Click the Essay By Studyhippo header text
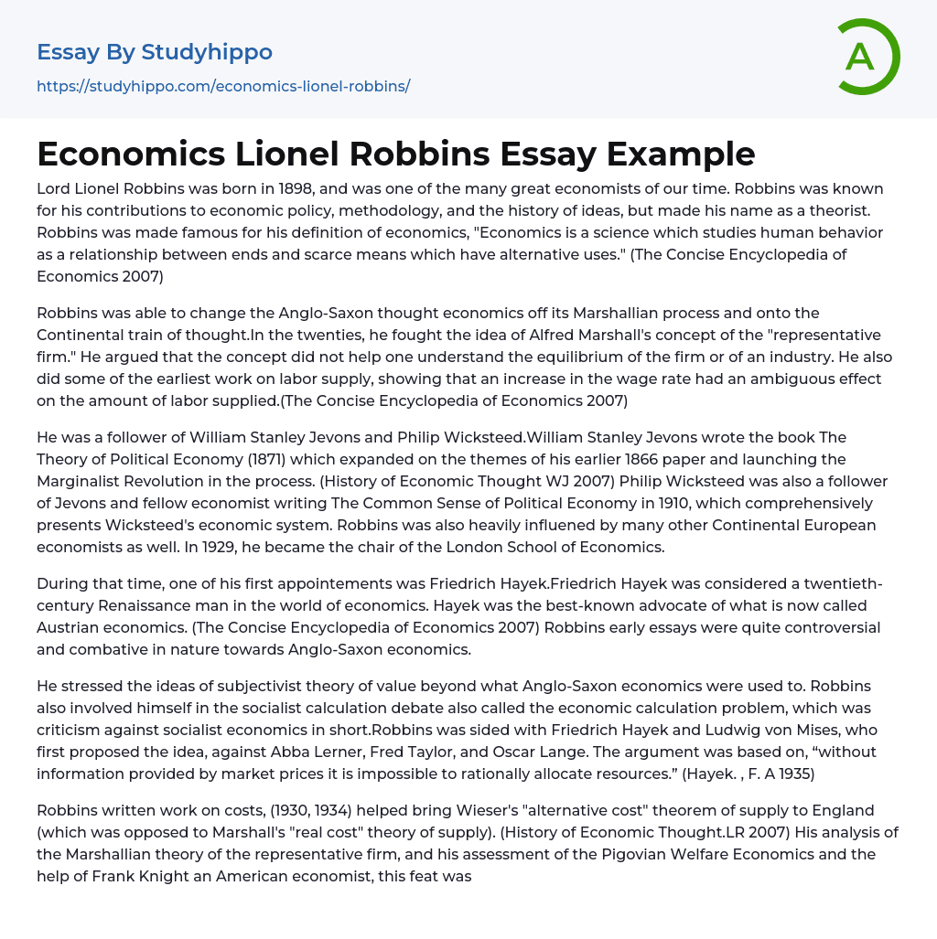pyautogui.click(x=155, y=52)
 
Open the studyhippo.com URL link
pyautogui.click(x=223, y=86)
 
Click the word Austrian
pyautogui.click(x=73, y=627)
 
